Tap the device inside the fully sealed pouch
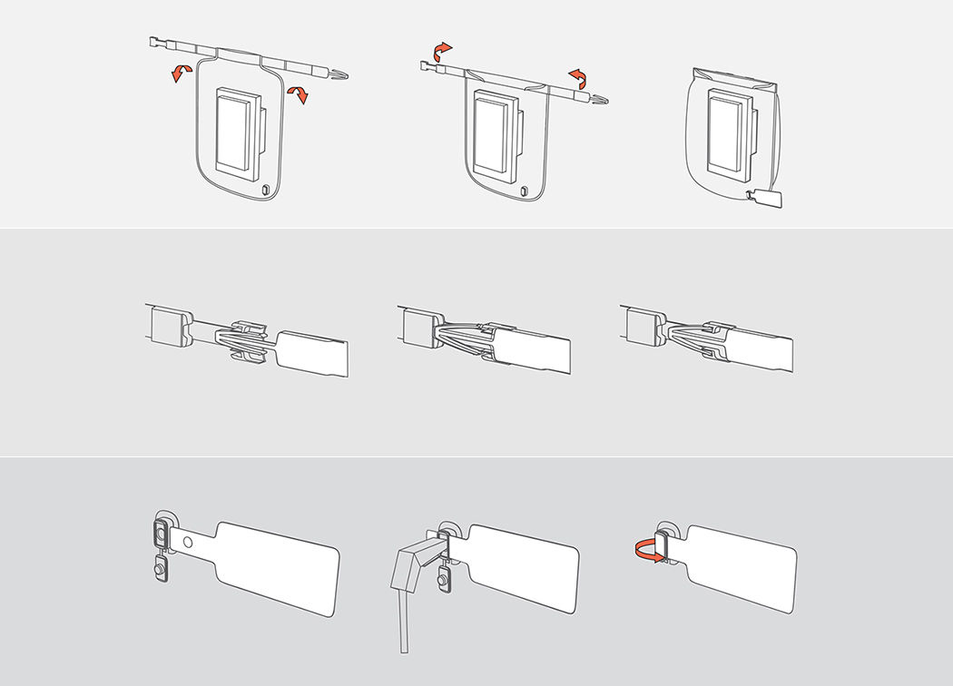(x=725, y=132)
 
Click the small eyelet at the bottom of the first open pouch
(x=265, y=191)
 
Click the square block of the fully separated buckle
(x=169, y=326)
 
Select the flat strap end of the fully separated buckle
(x=313, y=355)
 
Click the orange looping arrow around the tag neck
(x=647, y=549)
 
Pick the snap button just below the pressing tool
(x=444, y=578)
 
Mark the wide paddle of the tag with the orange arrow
(x=741, y=566)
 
